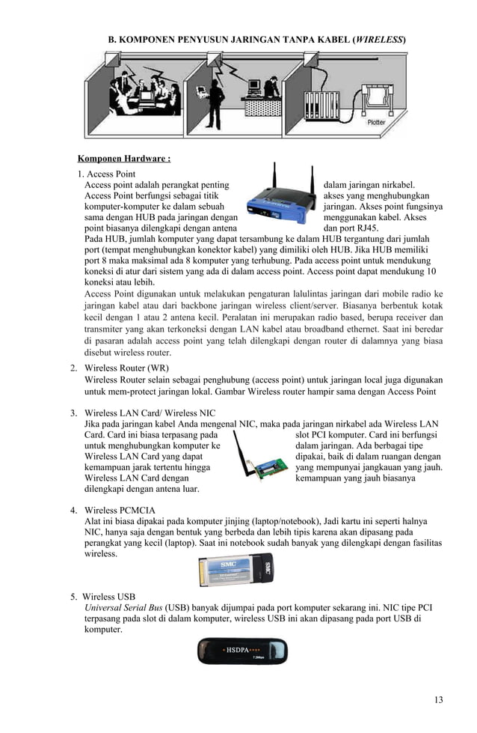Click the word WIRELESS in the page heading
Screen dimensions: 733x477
pyautogui.click(x=379, y=37)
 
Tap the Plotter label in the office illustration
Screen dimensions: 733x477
pyautogui.click(x=376, y=123)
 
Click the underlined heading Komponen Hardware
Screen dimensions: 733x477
pyautogui.click(x=124, y=159)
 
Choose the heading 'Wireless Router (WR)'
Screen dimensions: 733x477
pyautogui.click(x=126, y=368)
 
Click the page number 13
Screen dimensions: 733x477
pyautogui.click(x=438, y=699)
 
